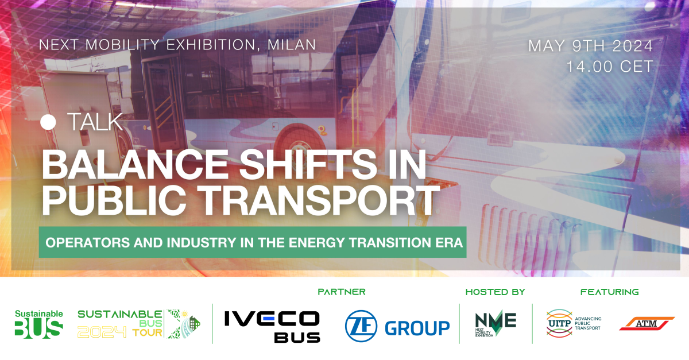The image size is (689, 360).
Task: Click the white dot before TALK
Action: point(49,122)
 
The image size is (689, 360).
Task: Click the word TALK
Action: point(95,122)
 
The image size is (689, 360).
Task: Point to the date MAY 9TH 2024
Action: point(591,45)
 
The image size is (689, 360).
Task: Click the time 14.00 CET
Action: point(610,67)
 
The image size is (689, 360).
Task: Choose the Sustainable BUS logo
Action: point(38,323)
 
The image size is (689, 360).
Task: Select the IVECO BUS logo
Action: point(272,326)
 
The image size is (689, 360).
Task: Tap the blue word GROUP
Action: point(417,328)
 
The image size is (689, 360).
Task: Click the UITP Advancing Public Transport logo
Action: point(573,323)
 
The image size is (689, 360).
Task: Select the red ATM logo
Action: point(647,324)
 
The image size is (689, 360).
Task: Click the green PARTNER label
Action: point(342,292)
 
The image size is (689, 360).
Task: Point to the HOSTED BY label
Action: point(495,292)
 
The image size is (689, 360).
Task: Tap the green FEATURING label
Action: point(609,292)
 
